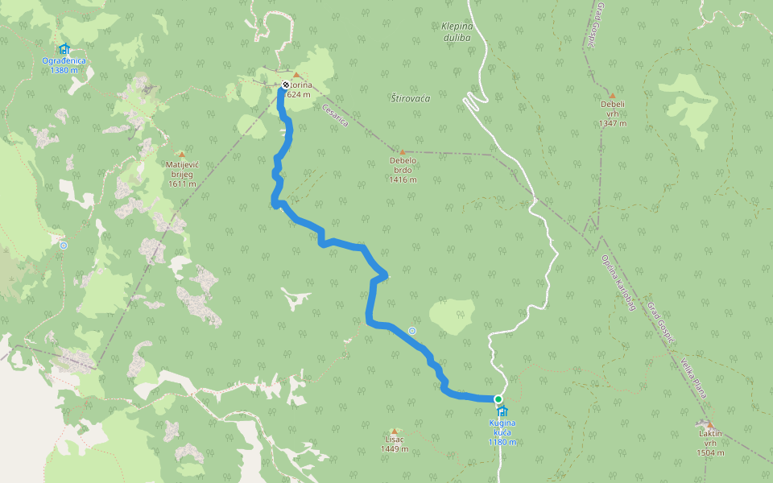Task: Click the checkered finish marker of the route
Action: pyautogui.click(x=285, y=85)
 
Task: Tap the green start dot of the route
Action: pyautogui.click(x=498, y=399)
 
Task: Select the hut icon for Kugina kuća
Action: pyautogui.click(x=502, y=411)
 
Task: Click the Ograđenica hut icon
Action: pyautogui.click(x=64, y=49)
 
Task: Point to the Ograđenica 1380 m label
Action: pyautogui.click(x=64, y=65)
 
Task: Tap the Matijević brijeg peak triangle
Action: pyautogui.click(x=181, y=155)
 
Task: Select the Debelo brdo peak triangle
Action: pyautogui.click(x=402, y=151)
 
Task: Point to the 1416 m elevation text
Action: pyautogui.click(x=402, y=180)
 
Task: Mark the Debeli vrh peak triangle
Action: pyautogui.click(x=612, y=95)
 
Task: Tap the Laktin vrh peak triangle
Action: pyautogui.click(x=709, y=424)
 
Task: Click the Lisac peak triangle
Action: pyautogui.click(x=394, y=431)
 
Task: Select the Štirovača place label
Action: pyautogui.click(x=411, y=98)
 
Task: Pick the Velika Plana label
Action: pyautogui.click(x=693, y=378)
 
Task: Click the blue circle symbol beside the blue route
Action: pyautogui.click(x=412, y=330)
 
